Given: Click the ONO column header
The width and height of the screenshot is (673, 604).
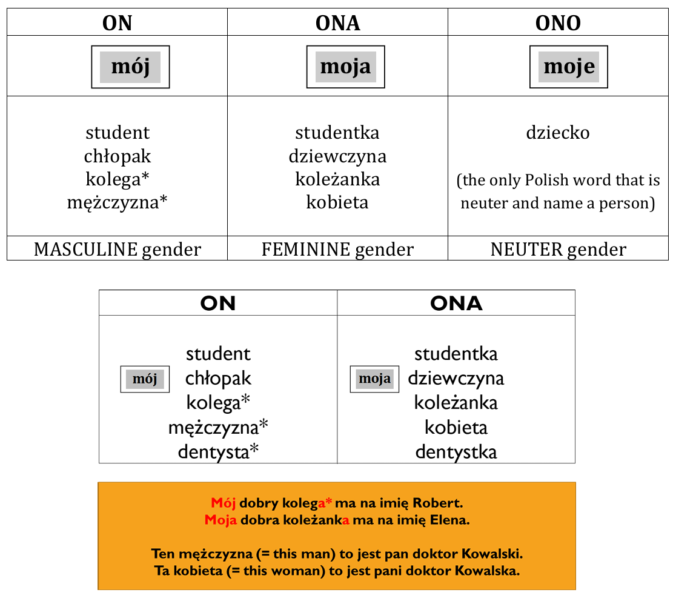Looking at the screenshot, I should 558,23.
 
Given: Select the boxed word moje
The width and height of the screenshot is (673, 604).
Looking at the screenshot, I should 569,67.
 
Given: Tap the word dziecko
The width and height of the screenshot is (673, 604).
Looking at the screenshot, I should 558,133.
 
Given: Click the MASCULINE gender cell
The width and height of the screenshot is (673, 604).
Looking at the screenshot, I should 118,249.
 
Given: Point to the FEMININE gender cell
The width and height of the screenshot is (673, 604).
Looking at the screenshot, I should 337,249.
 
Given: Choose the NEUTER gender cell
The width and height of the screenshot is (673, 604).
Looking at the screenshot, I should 558,249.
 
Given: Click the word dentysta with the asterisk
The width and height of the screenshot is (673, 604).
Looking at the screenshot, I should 218,452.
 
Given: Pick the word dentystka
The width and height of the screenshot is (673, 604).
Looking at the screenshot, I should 456,452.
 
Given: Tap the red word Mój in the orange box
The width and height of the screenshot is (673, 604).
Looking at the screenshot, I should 223,503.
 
